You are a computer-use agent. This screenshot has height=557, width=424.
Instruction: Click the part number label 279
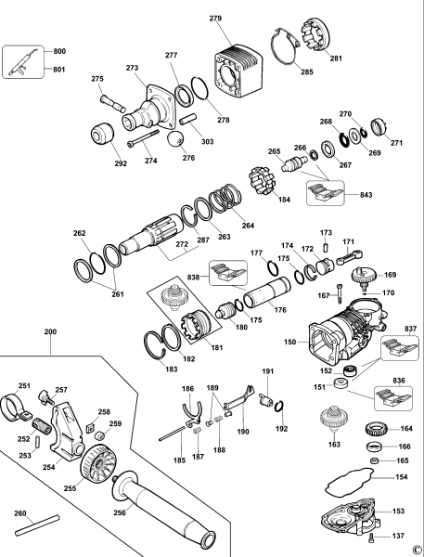point(215,19)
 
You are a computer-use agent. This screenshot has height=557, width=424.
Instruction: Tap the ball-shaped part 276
point(176,140)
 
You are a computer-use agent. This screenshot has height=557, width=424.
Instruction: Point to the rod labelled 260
point(37,525)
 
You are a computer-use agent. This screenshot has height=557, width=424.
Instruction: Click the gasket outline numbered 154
point(350,483)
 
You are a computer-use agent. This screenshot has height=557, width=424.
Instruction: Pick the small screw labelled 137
point(372,538)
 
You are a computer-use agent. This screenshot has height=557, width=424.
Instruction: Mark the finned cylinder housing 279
point(238,71)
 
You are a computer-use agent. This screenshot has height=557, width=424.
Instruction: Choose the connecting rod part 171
point(350,257)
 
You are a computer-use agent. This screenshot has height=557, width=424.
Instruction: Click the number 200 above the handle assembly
point(50,331)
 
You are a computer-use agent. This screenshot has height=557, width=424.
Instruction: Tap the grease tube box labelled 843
point(326,193)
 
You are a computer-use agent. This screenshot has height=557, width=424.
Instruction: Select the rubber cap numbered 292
point(102,133)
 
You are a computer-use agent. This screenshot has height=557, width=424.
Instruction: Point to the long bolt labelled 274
point(143,137)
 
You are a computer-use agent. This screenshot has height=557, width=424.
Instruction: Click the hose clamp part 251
point(14,407)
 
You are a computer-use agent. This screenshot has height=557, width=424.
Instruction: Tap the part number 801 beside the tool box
point(59,70)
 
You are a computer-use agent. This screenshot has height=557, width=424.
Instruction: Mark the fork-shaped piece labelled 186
point(192,414)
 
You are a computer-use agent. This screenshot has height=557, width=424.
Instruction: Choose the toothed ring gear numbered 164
point(376,429)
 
